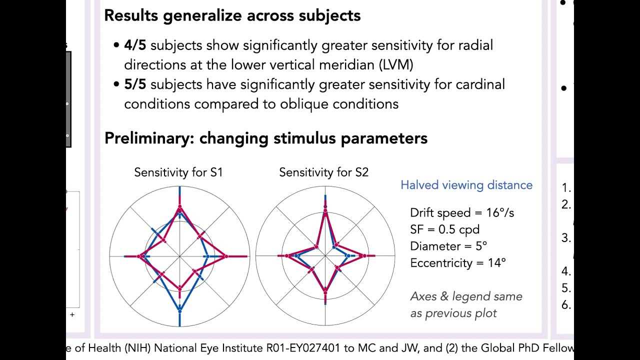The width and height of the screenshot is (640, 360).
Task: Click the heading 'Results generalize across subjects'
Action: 232,15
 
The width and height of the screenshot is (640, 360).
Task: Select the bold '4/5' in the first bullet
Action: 135,45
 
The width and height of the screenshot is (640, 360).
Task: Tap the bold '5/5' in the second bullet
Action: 135,84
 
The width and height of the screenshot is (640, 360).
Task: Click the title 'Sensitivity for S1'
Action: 178,172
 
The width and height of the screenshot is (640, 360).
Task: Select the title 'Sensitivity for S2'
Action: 323,172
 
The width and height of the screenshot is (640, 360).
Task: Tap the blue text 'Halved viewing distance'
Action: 466,185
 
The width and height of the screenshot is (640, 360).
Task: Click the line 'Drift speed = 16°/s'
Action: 461,213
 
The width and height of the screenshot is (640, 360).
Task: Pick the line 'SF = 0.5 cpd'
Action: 444,229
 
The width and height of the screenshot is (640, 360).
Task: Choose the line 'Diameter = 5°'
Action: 448,246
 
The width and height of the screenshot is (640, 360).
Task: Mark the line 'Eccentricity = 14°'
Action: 457,263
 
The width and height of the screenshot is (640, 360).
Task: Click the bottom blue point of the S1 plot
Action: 179,311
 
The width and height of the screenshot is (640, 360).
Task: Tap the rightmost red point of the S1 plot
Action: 226,256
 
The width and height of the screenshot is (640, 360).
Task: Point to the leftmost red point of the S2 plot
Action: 287,256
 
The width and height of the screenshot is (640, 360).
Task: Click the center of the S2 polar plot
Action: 325,256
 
